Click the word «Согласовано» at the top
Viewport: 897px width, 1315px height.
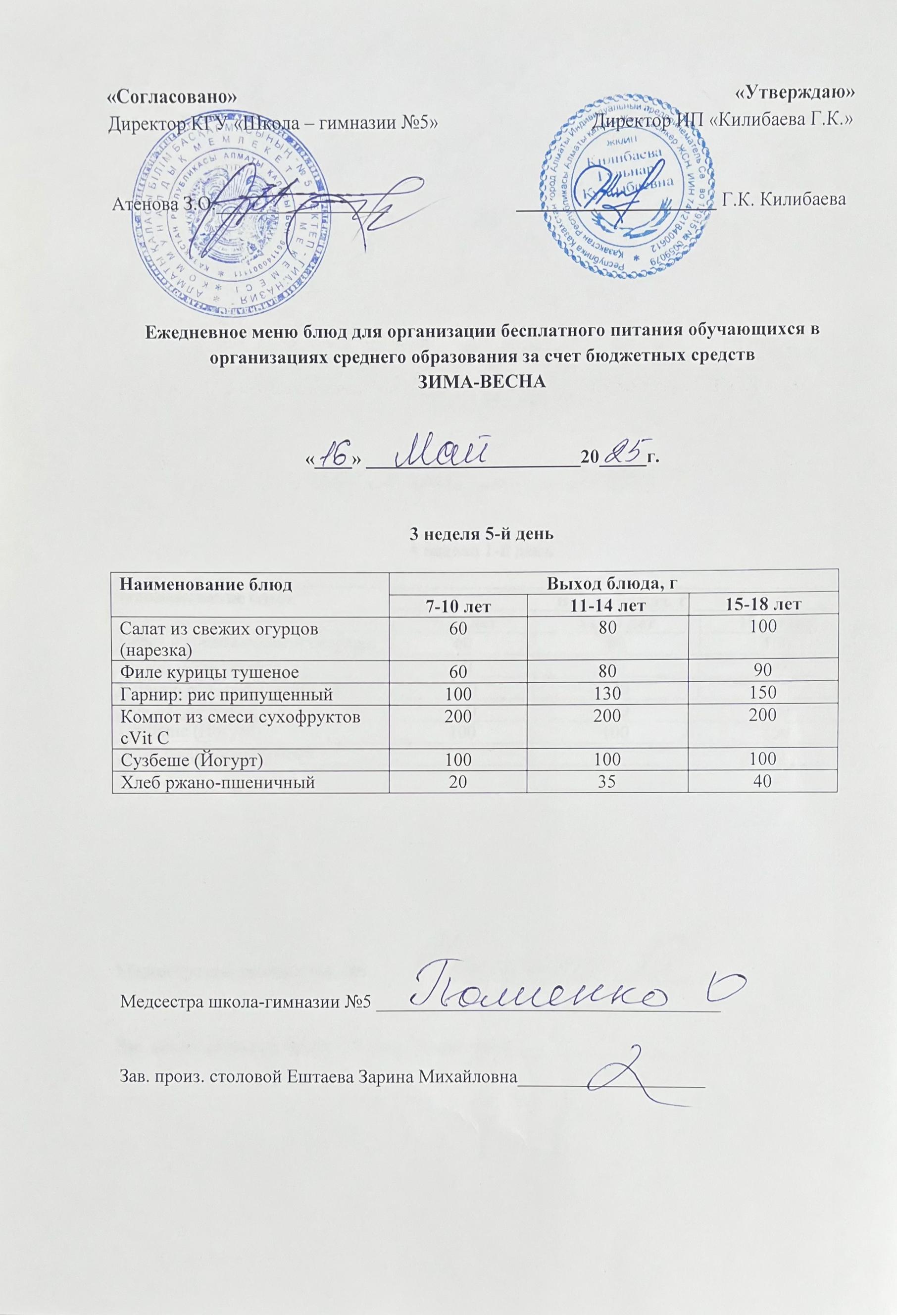click(x=170, y=96)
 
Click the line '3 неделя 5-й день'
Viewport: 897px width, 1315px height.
click(x=473, y=534)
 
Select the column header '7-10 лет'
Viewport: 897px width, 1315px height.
click(x=457, y=605)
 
